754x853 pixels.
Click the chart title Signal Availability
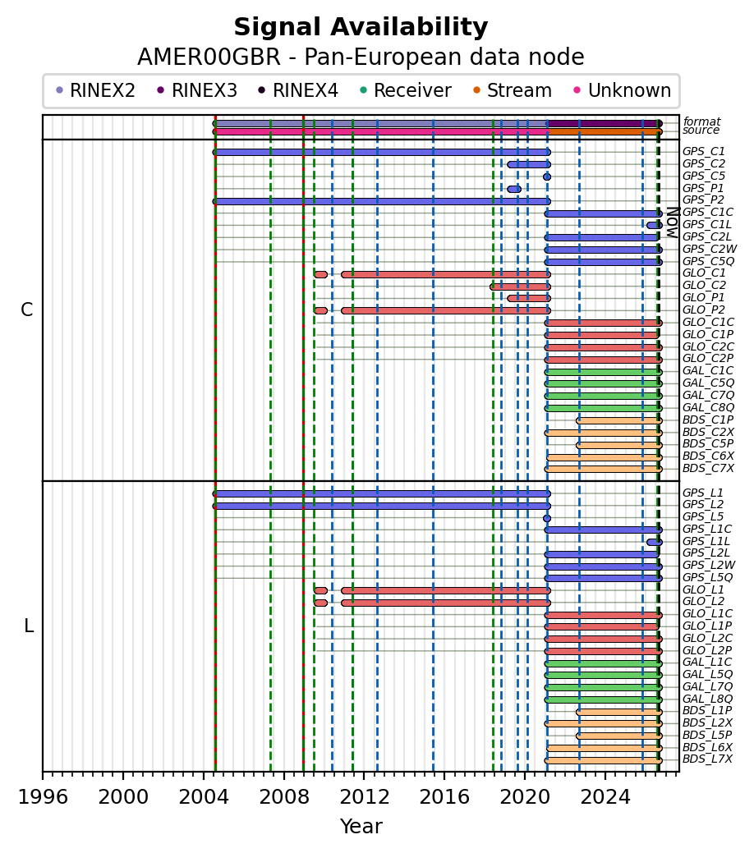click(361, 27)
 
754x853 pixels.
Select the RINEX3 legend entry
click(197, 90)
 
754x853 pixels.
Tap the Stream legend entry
click(513, 90)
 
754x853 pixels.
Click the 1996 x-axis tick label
click(43, 797)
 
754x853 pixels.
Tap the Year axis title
click(361, 827)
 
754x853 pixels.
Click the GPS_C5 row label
click(703, 177)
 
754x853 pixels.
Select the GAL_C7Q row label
click(708, 396)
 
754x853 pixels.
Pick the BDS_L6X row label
click(707, 747)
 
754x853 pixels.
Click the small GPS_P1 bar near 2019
click(514, 190)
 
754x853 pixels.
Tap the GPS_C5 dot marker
click(546, 177)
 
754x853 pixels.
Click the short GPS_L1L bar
click(655, 543)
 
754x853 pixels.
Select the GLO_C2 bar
click(520, 287)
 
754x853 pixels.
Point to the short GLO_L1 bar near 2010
click(320, 591)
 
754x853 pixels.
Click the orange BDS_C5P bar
click(619, 445)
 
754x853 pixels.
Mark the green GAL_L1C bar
click(603, 663)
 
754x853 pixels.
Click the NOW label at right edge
click(673, 222)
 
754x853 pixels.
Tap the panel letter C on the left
click(26, 310)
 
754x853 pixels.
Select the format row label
click(701, 122)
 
